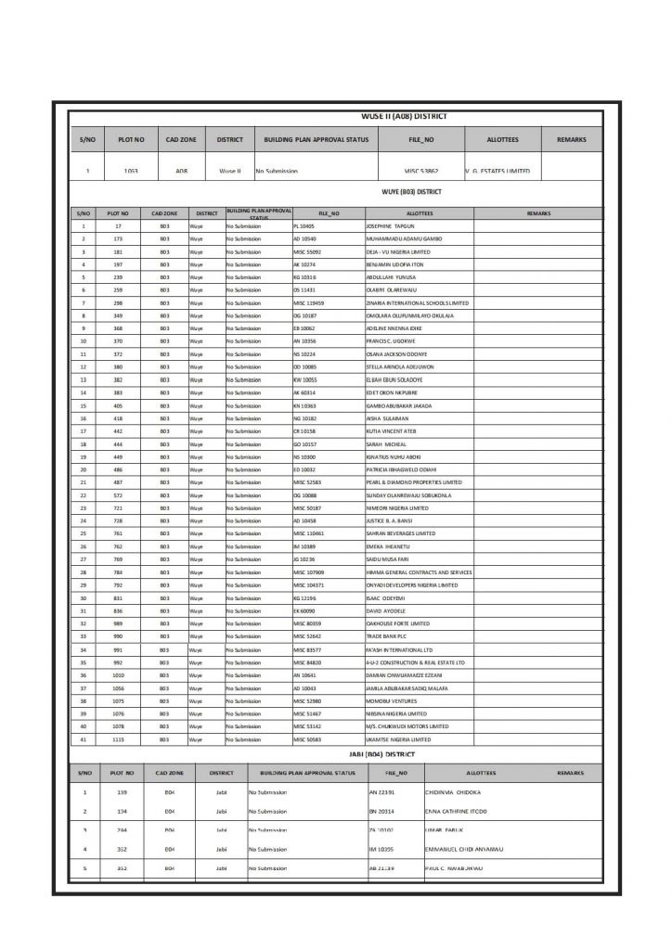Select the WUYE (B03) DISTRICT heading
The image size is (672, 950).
tap(411, 192)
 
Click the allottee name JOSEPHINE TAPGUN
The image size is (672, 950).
tap(392, 226)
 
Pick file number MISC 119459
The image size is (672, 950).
tap(308, 303)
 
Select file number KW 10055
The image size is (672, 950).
tap(305, 379)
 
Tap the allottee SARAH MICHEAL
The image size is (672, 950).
tap(387, 444)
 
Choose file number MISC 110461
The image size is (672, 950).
tap(308, 533)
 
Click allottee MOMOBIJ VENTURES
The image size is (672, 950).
tap(391, 700)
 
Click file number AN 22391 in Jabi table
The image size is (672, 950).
tap(382, 792)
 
